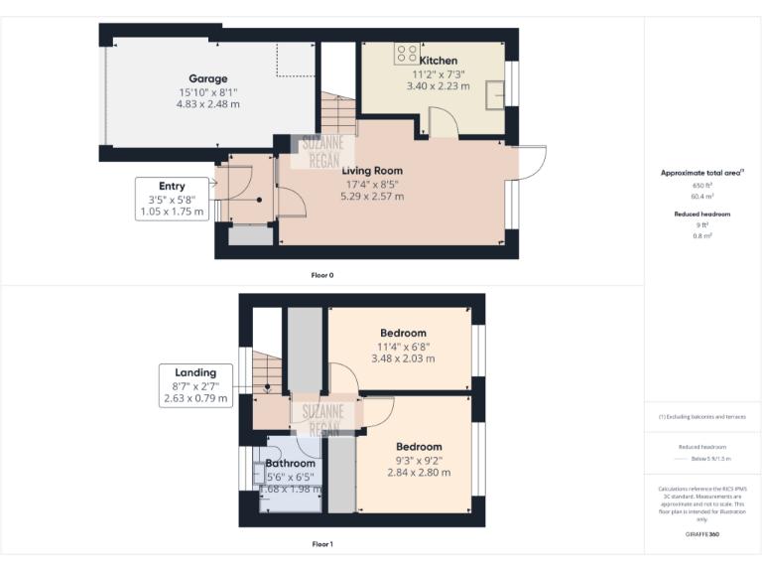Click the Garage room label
click(208, 78)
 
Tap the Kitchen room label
click(438, 61)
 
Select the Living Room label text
click(373, 171)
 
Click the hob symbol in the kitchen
click(406, 55)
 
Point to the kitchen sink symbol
click(493, 94)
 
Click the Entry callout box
click(172, 199)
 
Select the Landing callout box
click(195, 385)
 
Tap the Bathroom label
click(290, 463)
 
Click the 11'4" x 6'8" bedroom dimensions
click(403, 346)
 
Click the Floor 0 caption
click(322, 274)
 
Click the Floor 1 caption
click(322, 544)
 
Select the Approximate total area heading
click(702, 173)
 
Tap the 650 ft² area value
click(702, 186)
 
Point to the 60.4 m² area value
click(702, 197)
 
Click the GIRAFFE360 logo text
click(702, 534)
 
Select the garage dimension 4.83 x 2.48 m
click(208, 103)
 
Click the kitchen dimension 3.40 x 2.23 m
click(438, 85)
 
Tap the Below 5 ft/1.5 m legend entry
click(710, 459)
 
